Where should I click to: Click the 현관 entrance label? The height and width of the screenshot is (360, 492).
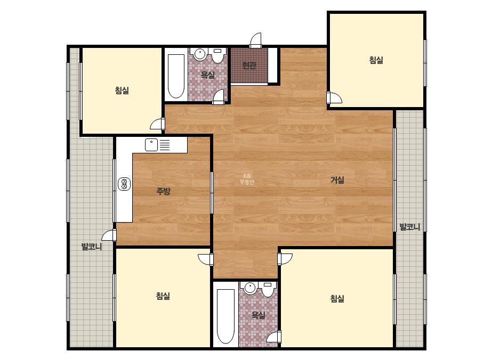coord(249,66)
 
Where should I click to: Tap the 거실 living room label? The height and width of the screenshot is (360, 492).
coord(337,180)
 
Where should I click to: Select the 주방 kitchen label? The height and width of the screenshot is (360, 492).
coord(163,191)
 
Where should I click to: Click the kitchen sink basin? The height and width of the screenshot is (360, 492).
coord(151,145)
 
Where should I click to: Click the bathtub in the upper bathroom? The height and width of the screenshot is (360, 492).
coord(176,76)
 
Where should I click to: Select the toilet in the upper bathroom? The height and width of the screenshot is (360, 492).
coord(218,56)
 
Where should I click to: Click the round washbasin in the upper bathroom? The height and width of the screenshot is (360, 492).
coord(199,54)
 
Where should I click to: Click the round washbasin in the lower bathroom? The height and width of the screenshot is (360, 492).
coord(251,288)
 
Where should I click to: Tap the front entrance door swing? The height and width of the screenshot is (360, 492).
coord(256,40)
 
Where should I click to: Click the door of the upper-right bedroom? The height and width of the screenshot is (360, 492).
coord(334,98)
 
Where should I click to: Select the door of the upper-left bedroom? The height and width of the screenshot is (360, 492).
coord(158,124)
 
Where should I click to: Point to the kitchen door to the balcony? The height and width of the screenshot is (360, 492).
coord(109,235)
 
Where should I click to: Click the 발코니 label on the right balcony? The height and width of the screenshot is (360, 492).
coord(409,227)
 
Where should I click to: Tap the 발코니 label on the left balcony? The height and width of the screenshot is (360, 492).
coord(92,247)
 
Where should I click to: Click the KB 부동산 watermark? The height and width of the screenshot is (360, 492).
coord(247,179)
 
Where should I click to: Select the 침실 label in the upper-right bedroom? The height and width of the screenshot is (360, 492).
coord(376,60)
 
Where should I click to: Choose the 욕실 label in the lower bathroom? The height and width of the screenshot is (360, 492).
coord(258,315)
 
